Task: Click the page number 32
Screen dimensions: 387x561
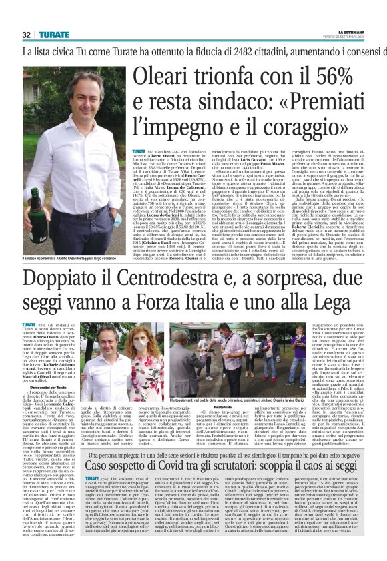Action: point(27,35)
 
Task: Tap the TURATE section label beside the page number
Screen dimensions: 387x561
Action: point(53,35)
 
